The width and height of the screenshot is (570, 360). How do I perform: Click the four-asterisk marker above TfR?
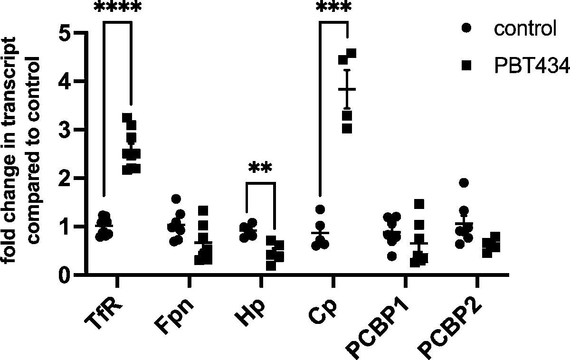coord(117,9)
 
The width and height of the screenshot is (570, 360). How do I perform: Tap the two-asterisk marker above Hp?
coord(260,169)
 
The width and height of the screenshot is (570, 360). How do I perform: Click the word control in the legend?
coord(525,29)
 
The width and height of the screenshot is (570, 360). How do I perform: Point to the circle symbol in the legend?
coord(467,29)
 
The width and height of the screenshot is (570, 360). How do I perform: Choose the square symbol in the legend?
coord(467,66)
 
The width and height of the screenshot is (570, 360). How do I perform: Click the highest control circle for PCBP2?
coord(464,183)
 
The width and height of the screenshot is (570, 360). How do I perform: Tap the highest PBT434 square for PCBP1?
coord(418,204)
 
